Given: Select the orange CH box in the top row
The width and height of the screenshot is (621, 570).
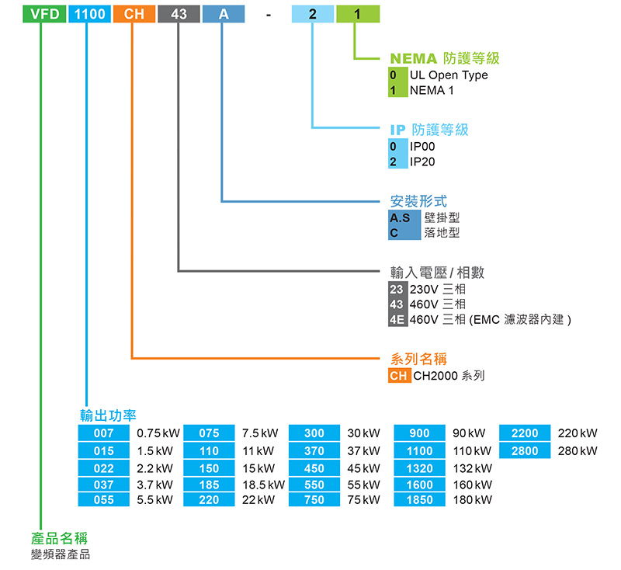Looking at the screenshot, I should click(x=134, y=14).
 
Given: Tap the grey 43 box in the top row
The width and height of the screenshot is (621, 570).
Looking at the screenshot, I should click(x=179, y=14).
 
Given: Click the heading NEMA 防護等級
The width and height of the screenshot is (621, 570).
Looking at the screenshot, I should click(x=444, y=58).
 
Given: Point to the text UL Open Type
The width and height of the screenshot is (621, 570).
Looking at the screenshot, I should click(x=449, y=75).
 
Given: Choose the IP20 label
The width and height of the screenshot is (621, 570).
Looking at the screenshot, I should click(x=422, y=162).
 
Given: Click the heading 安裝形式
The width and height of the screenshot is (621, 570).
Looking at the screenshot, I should click(x=418, y=202).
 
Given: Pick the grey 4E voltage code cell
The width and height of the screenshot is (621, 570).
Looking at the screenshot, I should click(x=397, y=319).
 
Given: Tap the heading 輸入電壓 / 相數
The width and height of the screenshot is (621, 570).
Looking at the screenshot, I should click(x=437, y=273).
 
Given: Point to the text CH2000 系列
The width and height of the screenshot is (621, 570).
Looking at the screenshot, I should click(x=449, y=376).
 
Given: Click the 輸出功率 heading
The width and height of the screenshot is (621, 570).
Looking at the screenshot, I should click(x=108, y=415).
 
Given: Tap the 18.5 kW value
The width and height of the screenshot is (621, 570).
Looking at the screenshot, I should click(x=263, y=485).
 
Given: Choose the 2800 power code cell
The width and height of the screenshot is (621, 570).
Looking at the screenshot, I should click(x=525, y=450).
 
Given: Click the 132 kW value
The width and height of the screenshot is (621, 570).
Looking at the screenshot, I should click(x=473, y=468).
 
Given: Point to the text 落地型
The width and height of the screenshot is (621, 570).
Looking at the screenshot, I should click(x=442, y=233).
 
